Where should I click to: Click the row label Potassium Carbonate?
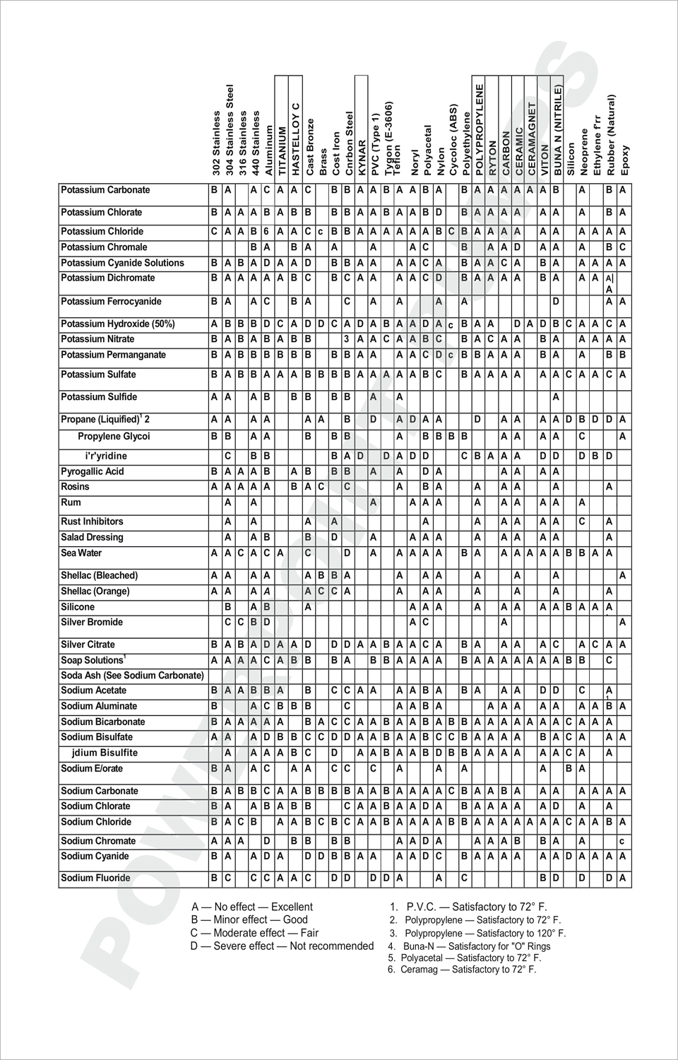click(x=105, y=190)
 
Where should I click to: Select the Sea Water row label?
click(x=81, y=553)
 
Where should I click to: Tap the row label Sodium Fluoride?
click(x=95, y=878)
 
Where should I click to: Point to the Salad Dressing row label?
click(x=92, y=538)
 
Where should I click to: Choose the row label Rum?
click(x=71, y=502)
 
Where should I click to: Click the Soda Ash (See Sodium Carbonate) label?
click(x=132, y=676)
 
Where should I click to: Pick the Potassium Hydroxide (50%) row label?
click(x=118, y=324)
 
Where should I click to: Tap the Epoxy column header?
click(x=625, y=160)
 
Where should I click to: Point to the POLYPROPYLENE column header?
click(x=479, y=130)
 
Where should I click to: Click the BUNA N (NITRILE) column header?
click(x=558, y=130)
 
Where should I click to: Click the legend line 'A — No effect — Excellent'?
click(x=252, y=907)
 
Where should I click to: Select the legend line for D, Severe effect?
click(x=282, y=946)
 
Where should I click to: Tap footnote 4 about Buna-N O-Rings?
click(x=469, y=946)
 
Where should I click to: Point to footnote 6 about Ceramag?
click(x=462, y=970)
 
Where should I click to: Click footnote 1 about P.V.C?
click(x=468, y=907)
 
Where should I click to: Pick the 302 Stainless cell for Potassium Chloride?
click(x=214, y=232)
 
